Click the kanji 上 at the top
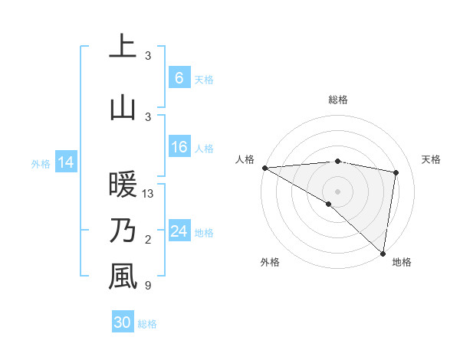click(123, 47)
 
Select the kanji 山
click(123, 107)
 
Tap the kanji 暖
click(123, 185)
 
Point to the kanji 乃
click(123, 230)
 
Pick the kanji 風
click(123, 276)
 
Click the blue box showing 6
click(179, 78)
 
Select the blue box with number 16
click(179, 147)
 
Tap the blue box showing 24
click(179, 231)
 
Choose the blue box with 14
click(66, 162)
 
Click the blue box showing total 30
click(123, 322)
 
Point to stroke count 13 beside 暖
click(149, 194)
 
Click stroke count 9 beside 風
click(148, 286)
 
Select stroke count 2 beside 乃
click(148, 240)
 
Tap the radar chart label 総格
click(338, 100)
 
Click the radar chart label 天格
click(432, 159)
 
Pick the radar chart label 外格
click(270, 262)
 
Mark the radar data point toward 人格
click(264, 168)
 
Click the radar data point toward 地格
click(383, 252)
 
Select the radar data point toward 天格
click(396, 172)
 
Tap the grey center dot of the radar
click(337, 190)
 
